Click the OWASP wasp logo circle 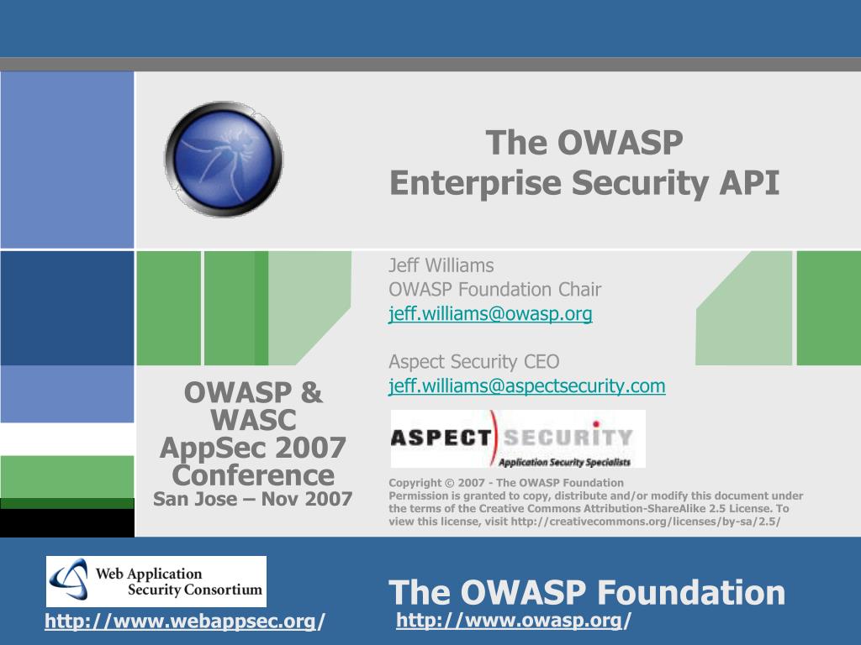pos(224,159)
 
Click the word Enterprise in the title pos(476,183)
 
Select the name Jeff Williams pos(441,265)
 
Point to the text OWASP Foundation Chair pos(495,290)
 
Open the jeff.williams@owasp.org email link pos(490,314)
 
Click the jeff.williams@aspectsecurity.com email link pos(527,386)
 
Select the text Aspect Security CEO pos(474,362)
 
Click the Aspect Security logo pos(518,438)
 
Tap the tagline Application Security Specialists pos(564,463)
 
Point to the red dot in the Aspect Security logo pos(596,424)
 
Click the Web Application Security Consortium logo pos(156,581)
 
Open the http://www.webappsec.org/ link pos(185,621)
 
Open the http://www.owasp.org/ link pos(514,621)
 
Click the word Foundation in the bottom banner pos(691,592)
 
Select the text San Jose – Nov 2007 pos(252,499)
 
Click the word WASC pos(253,420)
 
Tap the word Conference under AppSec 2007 pos(253,475)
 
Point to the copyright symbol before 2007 pos(449,483)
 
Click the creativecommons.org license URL pos(646,522)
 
